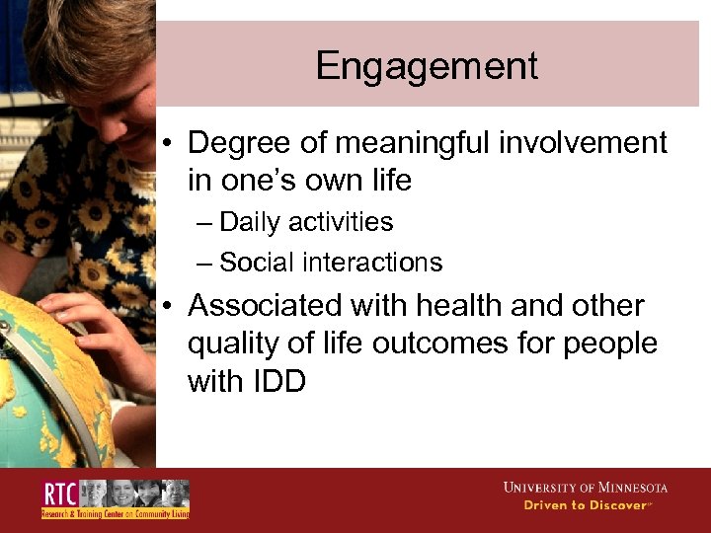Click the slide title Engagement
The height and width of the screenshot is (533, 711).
tap(427, 66)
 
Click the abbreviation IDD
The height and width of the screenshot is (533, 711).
tap(276, 381)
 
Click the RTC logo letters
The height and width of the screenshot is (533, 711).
tap(59, 494)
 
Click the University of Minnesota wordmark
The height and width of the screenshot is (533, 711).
tap(585, 488)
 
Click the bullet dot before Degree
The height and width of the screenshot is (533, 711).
tap(171, 145)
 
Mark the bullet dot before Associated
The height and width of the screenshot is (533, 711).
tap(171, 307)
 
